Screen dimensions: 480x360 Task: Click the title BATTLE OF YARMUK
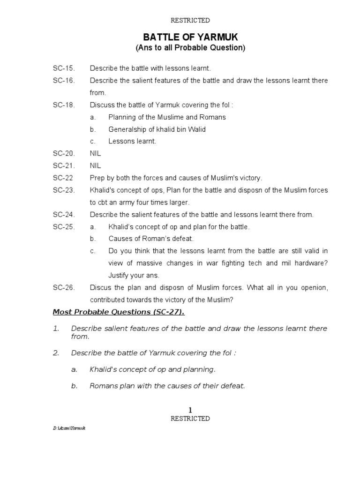(190, 37)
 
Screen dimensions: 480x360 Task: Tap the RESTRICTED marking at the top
(190, 20)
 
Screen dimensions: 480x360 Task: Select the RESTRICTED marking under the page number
(190, 419)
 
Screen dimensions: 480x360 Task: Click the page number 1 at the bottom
(190, 410)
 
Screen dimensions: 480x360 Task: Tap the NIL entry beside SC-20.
(95, 154)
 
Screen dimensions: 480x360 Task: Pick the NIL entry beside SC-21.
(95, 166)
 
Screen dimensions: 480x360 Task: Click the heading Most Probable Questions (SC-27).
(119, 312)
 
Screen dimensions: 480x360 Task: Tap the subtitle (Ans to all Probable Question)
(190, 48)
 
